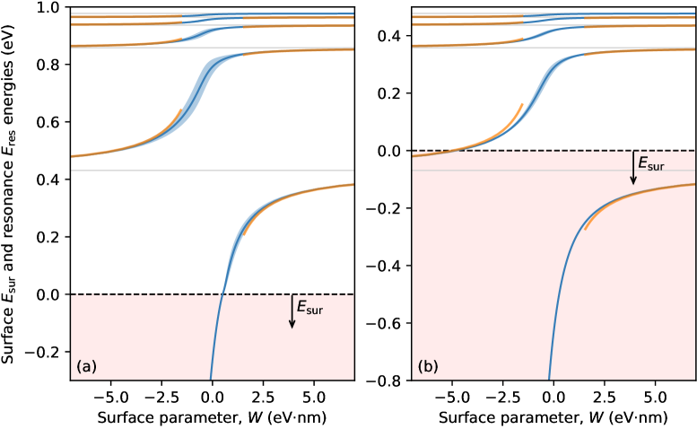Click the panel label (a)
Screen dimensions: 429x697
pos(86,366)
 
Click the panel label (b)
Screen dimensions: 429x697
pos(428,366)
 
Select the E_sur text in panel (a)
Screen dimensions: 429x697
pos(309,309)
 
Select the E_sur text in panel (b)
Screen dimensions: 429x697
pos(650,164)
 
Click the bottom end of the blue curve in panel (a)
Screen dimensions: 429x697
pos(210,378)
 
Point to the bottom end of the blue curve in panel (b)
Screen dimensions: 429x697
pos(549,378)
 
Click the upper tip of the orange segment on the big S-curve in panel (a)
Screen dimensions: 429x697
pos(182,109)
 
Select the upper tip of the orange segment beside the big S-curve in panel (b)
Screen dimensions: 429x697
pos(523,104)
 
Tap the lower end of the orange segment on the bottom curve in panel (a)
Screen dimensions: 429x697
pos(244,235)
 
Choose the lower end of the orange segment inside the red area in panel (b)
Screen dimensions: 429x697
pos(585,230)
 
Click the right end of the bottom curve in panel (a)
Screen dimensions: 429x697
pos(353,184)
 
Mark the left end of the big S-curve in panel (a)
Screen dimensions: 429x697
pos(73,156)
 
